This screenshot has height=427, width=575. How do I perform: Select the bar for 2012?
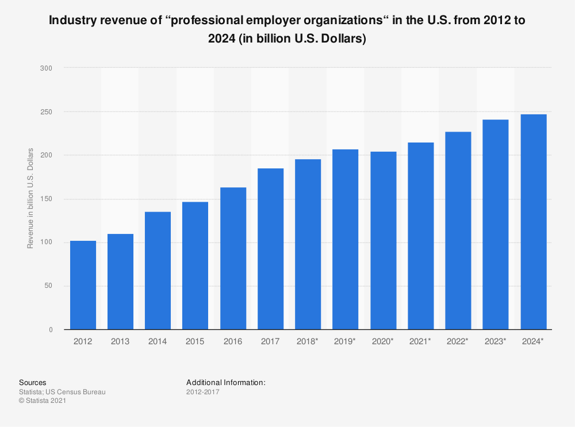point(83,285)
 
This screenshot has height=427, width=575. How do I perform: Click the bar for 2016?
point(233,259)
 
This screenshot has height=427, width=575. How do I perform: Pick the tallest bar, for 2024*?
point(533,222)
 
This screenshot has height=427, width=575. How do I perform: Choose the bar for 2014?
point(158,271)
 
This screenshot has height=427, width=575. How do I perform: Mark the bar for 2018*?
point(308,244)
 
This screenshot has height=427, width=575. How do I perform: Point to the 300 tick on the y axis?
point(46,68)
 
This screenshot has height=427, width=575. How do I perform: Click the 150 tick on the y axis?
point(46,199)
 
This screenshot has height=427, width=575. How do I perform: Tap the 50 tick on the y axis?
point(48,286)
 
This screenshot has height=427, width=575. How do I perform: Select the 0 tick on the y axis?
point(50,330)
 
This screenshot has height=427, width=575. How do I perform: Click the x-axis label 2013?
point(120,341)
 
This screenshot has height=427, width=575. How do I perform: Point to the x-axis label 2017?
point(270,341)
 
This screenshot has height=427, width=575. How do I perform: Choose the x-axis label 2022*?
point(458,341)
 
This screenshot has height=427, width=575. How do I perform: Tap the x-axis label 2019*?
point(345,341)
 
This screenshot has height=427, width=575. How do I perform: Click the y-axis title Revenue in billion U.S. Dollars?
point(30,199)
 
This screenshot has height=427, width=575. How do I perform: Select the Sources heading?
point(33,382)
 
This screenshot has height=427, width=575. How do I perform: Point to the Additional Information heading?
point(225,382)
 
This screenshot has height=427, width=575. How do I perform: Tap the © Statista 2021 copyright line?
point(43,401)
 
